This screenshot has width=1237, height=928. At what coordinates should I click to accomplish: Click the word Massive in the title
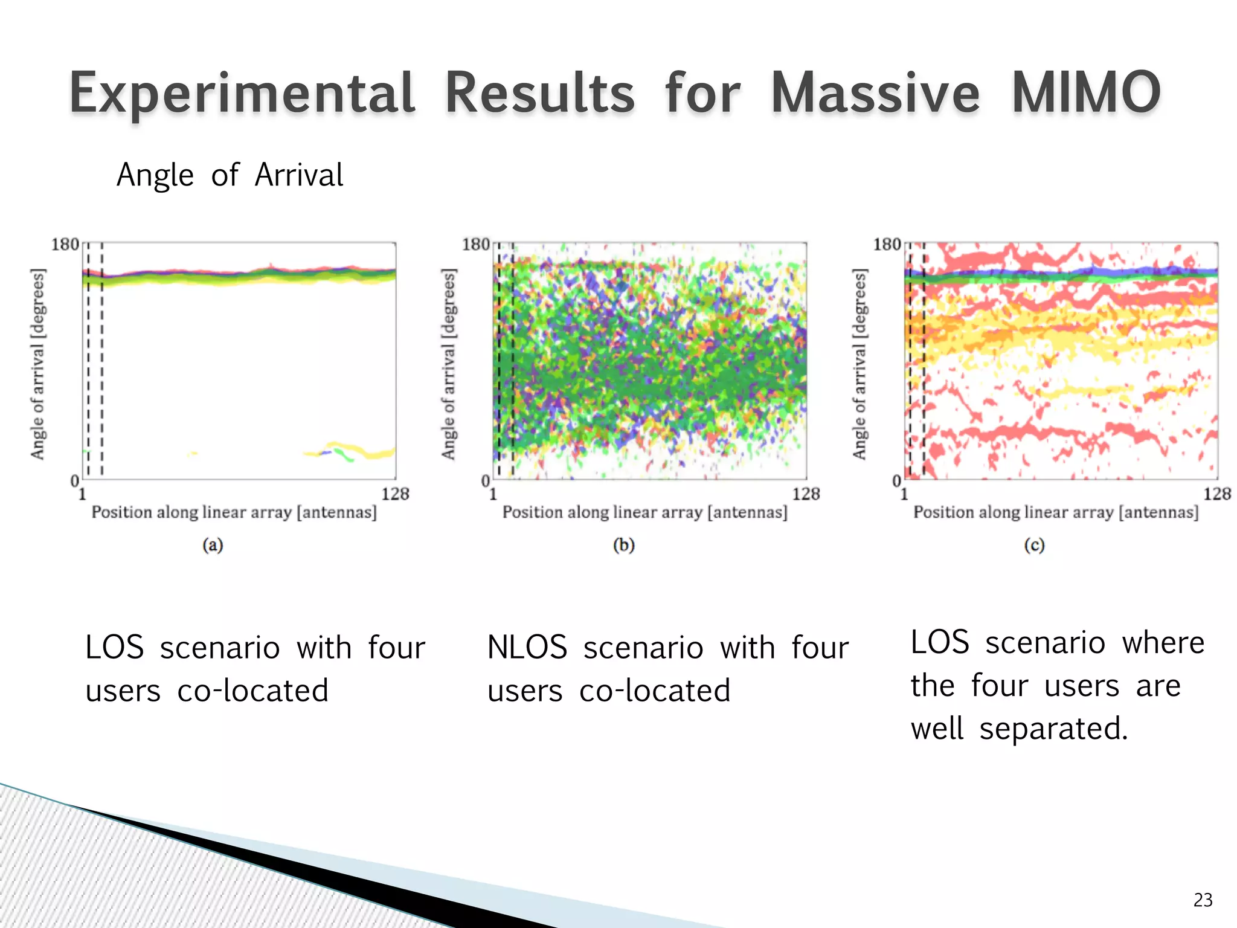click(875, 94)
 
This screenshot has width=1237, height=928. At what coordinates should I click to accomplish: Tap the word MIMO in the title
click(1085, 94)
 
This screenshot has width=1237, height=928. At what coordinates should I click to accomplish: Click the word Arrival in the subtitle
click(299, 175)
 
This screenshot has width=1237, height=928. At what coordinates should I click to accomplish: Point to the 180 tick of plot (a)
click(65, 245)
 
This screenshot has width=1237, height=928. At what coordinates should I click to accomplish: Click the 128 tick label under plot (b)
click(806, 494)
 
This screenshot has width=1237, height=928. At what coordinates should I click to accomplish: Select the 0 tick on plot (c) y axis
click(897, 481)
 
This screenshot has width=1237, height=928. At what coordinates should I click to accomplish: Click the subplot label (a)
click(213, 545)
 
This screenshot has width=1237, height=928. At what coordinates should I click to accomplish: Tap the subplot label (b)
click(624, 545)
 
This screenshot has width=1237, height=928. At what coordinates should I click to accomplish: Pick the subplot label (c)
click(1034, 545)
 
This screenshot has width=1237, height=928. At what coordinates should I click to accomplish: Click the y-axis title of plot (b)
click(448, 364)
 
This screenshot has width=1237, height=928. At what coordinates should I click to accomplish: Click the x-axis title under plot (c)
click(1056, 512)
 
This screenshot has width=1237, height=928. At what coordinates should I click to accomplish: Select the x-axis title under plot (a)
click(234, 512)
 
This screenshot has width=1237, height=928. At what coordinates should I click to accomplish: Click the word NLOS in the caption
click(527, 647)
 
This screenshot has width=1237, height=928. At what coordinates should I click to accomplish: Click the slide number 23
click(1203, 900)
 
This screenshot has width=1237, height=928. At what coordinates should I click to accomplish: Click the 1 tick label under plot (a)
click(82, 494)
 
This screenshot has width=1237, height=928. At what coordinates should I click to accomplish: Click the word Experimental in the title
click(242, 94)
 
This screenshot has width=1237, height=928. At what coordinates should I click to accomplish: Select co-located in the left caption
click(252, 691)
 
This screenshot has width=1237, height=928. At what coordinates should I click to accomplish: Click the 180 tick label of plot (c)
click(887, 245)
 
